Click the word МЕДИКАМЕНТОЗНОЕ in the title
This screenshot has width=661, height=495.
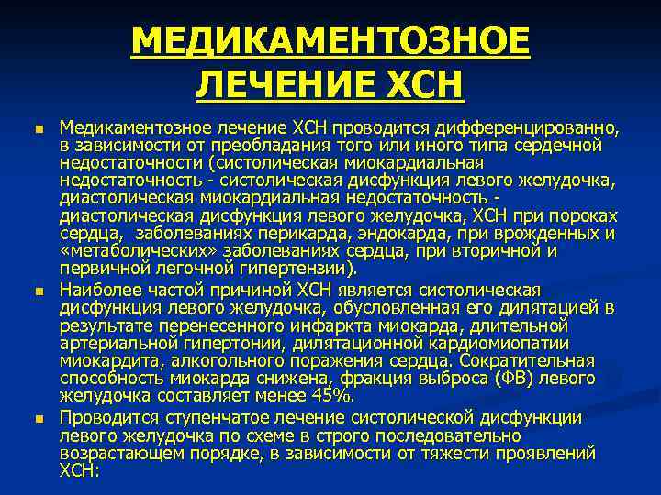click(x=330, y=42)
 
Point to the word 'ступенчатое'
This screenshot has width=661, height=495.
click(x=206, y=418)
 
